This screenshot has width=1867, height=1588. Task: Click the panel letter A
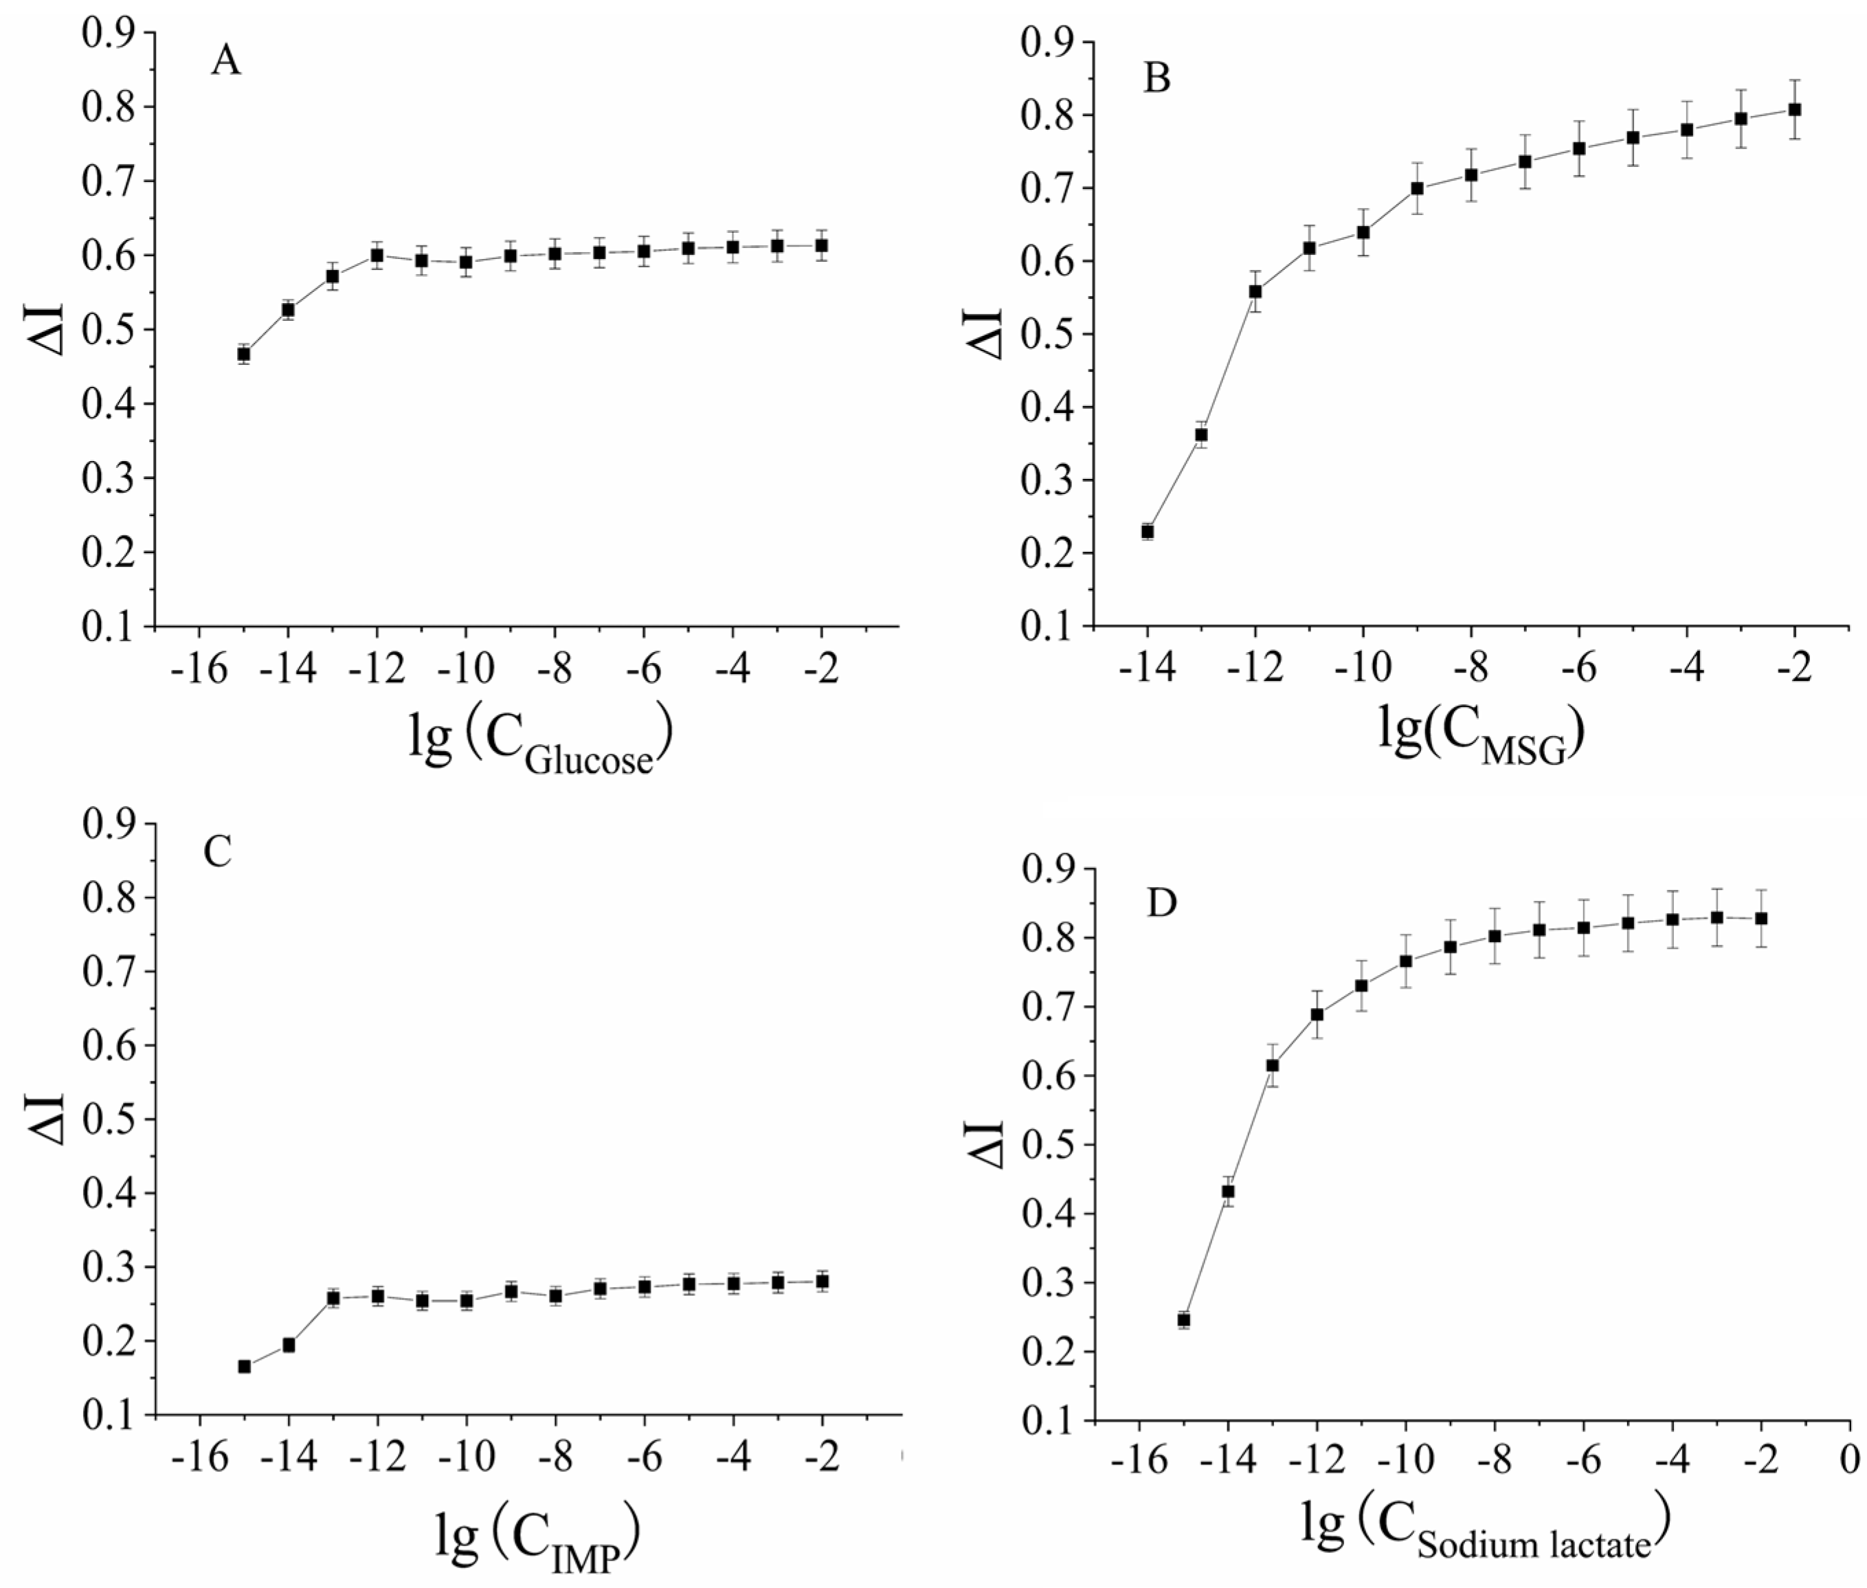pyautogui.click(x=226, y=61)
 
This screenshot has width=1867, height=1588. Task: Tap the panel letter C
pyautogui.click(x=218, y=851)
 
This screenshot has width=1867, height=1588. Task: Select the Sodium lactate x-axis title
pyautogui.click(x=1486, y=1530)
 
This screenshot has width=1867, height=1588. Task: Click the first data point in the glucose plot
pyautogui.click(x=243, y=354)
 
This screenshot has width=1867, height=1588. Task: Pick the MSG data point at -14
pyautogui.click(x=1147, y=531)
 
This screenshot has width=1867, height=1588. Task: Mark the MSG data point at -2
pyautogui.click(x=1794, y=109)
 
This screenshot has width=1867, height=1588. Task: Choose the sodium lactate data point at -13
pyautogui.click(x=1272, y=1065)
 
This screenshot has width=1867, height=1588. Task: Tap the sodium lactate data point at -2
pyautogui.click(x=1760, y=918)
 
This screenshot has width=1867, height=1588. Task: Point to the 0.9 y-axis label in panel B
pyautogui.click(x=1047, y=43)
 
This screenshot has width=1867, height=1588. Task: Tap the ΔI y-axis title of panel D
pyautogui.click(x=987, y=1144)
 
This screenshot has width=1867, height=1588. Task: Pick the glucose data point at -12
pyautogui.click(x=377, y=255)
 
